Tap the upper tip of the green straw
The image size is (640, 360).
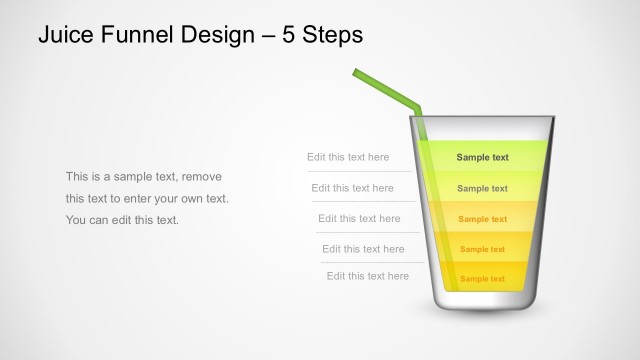click(356, 71)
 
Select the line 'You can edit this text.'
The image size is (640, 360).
click(122, 220)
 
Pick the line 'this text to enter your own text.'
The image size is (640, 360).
click(147, 198)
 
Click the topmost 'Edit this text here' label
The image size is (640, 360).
click(348, 157)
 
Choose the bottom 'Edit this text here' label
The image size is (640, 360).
click(367, 276)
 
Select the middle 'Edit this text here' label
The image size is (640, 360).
click(359, 218)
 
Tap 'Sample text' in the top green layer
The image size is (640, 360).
click(482, 157)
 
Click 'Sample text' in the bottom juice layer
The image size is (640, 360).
click(482, 279)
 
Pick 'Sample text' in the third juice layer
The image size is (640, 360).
click(482, 219)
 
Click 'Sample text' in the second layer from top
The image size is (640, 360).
click(482, 188)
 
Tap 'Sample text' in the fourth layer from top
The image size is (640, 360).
click(482, 249)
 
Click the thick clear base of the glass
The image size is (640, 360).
click(483, 302)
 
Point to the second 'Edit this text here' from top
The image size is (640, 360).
click(352, 188)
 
